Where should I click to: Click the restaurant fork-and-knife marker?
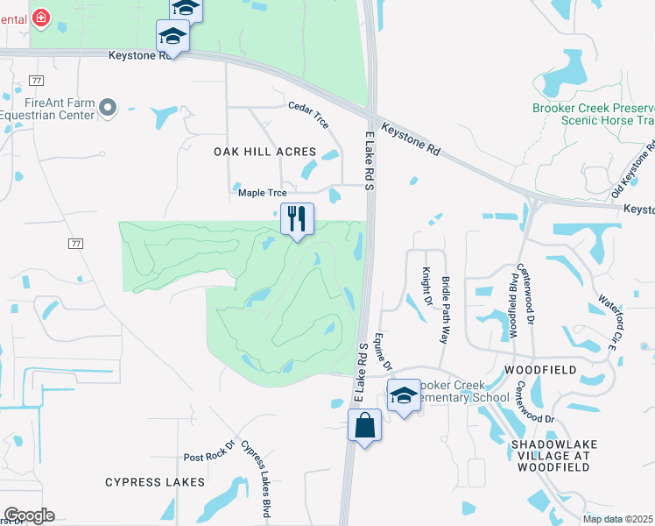click(x=297, y=218)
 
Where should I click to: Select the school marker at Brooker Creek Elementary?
click(x=404, y=395)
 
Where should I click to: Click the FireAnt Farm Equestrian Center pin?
click(x=108, y=108)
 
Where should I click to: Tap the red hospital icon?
click(x=41, y=17)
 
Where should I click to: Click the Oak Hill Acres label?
click(x=258, y=152)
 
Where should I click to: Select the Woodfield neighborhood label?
click(x=540, y=371)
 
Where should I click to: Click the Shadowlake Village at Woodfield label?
click(x=553, y=451)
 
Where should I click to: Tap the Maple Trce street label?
click(x=262, y=193)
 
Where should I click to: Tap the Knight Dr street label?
click(x=426, y=287)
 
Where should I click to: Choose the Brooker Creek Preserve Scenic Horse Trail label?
click(x=594, y=114)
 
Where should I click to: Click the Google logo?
click(x=29, y=515)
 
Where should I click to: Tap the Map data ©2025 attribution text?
click(x=617, y=519)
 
